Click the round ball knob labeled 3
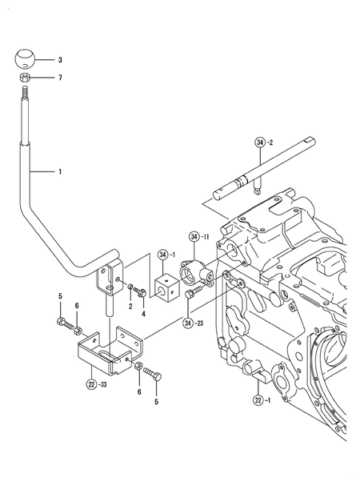pos(26,59)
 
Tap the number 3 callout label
pos(58,60)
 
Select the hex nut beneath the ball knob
pos(26,78)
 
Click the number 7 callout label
pos(58,78)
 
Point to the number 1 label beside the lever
pos(58,172)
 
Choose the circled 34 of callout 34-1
pos(163,255)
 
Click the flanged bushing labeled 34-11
pos(197,275)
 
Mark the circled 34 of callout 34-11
pos(194,237)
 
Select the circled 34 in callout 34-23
pos(189,323)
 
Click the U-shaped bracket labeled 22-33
pos(108,349)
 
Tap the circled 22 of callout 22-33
pos(92,384)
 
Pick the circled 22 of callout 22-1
pos(258,400)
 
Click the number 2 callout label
pos(130,306)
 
